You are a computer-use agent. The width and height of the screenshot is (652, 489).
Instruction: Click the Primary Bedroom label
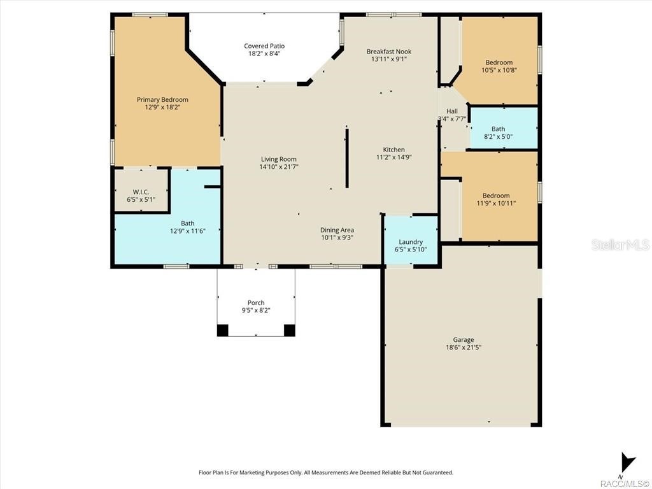pos(162,99)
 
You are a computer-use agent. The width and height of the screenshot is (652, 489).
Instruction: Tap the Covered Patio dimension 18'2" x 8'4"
pos(264,54)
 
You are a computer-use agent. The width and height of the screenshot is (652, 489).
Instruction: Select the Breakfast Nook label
pos(388,51)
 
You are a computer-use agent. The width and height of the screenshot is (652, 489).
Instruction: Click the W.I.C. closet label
pos(141,192)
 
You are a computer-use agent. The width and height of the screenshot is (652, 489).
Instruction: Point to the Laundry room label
pos(411,242)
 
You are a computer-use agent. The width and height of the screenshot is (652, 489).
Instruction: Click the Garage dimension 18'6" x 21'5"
pos(463,348)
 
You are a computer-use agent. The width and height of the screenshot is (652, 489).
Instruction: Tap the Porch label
pos(256,302)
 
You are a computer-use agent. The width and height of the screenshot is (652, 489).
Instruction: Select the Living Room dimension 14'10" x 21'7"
pos(279,167)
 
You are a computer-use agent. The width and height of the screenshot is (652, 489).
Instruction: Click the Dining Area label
pos(337,230)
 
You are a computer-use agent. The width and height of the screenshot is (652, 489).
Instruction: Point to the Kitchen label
pos(393,150)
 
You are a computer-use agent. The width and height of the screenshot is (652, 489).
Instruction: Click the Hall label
pos(451,111)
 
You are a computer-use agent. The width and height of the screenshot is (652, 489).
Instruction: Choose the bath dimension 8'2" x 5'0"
pos(498,136)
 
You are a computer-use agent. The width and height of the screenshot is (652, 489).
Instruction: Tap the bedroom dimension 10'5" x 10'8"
pos(499,71)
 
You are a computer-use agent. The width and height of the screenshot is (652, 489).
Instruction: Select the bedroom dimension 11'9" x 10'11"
pos(496,204)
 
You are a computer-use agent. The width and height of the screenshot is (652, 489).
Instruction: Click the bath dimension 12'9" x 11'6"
pos(187,231)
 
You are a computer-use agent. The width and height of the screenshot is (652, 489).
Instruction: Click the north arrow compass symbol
pos(628,462)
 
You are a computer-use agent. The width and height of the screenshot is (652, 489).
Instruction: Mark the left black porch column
pos(222,330)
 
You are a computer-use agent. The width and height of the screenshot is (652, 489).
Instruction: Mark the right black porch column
pos(290,330)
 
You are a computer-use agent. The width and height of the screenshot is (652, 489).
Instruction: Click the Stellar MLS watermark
pos(620,244)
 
